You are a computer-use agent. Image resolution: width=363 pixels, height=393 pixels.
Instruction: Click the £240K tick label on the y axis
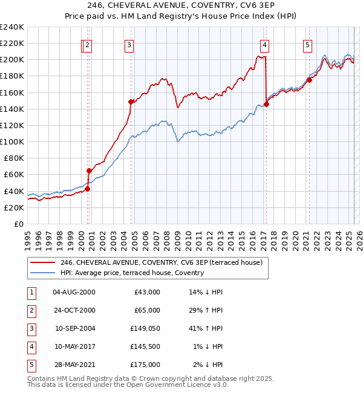pos(12,27)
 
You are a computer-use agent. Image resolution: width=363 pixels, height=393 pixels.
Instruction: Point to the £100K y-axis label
pos(12,141)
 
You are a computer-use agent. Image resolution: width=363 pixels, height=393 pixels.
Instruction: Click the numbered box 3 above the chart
pos(129,44)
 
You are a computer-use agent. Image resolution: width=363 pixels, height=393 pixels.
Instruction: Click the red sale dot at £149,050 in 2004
pos(131,102)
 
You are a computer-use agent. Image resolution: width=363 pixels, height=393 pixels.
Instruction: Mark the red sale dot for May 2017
pos(266,104)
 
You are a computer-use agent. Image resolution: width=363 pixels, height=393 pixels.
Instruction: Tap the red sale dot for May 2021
pos(309,80)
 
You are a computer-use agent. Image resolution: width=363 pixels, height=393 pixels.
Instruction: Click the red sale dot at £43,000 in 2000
pos(87,189)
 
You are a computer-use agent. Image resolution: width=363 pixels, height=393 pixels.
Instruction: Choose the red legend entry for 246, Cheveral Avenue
pos(161,262)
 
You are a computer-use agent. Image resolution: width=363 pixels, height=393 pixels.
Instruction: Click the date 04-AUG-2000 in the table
pos(74,292)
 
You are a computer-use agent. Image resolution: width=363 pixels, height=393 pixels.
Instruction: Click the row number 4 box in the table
pos(30,346)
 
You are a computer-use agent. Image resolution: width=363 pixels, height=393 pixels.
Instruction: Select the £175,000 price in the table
pos(145,365)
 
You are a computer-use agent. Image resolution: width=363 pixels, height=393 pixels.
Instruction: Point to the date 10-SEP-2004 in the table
pos(75,328)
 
